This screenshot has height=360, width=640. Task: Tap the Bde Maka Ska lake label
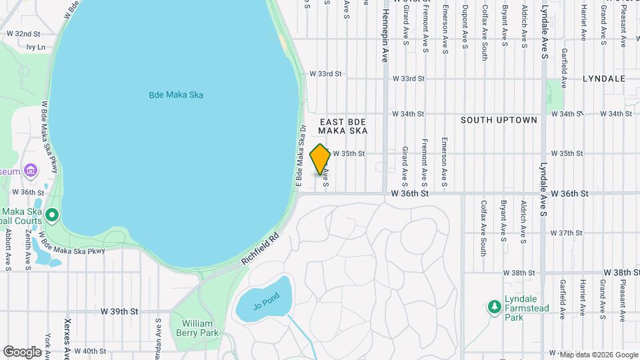click(175, 95)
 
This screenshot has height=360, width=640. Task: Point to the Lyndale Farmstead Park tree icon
click(494, 306)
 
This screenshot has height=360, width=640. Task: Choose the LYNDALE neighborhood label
click(603, 79)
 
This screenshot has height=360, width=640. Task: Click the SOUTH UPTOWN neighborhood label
click(499, 120)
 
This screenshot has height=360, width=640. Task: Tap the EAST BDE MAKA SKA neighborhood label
click(343, 127)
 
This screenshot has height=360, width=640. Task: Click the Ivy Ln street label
click(36, 47)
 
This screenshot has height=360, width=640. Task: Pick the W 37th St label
click(567, 233)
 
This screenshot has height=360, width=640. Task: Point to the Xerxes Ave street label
click(67, 335)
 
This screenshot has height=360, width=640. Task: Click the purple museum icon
click(30, 171)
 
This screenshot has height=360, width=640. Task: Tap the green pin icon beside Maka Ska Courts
click(52, 215)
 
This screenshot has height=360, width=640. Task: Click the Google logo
click(22, 351)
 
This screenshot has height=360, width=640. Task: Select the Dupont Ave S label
click(465, 28)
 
